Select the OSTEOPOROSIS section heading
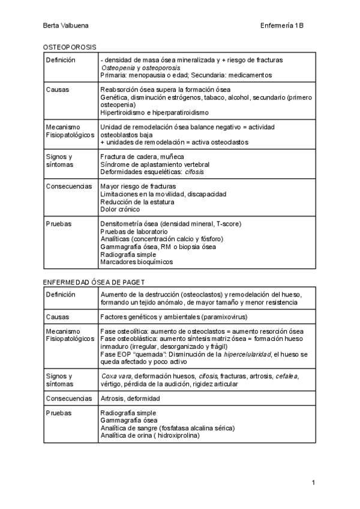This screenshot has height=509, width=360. (x=70, y=47)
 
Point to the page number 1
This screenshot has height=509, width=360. (x=314, y=483)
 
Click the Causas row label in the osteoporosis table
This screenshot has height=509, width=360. (x=58, y=89)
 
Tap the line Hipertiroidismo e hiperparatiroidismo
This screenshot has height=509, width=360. (x=155, y=112)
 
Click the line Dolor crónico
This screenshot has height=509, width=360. (x=120, y=209)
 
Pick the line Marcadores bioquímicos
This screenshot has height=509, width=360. (x=136, y=262)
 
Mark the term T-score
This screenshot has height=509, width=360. (x=228, y=224)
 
